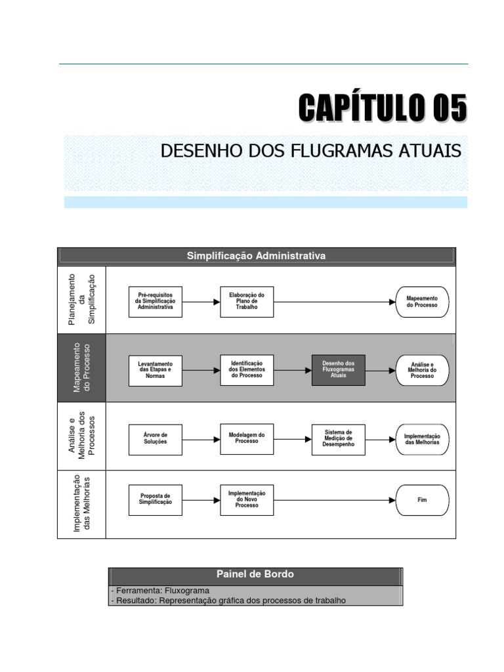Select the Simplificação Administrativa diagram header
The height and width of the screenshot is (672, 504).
pos(257,256)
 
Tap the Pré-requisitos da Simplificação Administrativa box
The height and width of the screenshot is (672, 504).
pos(156,302)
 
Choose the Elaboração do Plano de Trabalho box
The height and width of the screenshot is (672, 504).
pos(247,302)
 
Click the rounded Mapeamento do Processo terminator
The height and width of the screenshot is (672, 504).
pos(422,302)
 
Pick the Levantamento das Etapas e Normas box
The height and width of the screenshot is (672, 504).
pos(156,370)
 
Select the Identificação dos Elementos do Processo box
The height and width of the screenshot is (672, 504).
pos(247,370)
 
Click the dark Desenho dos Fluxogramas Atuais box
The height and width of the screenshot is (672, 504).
pos(338,370)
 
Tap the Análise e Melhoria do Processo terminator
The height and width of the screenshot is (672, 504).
pos(422,370)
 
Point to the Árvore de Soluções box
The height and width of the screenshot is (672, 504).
pos(156,438)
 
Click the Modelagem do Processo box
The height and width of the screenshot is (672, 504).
pos(247,438)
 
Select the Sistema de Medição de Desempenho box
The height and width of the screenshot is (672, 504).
pos(338,438)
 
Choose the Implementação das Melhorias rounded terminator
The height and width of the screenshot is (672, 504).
pos(422,438)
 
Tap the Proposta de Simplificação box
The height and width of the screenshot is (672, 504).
pos(156,499)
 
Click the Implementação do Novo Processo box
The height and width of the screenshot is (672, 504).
pos(247,499)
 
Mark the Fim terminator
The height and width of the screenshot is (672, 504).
pos(422,499)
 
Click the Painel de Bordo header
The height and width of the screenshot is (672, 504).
pos(255,574)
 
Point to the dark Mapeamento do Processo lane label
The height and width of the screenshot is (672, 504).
pos(82,367)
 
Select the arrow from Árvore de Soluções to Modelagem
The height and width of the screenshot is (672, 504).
pos(201,438)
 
